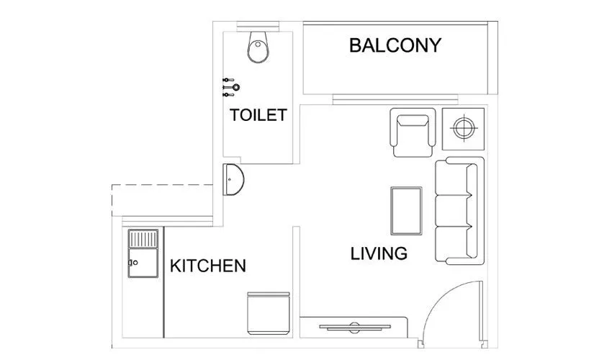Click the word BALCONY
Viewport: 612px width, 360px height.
coord(395,45)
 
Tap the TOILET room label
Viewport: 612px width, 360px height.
coord(258,115)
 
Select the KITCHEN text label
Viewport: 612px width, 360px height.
coord(207,266)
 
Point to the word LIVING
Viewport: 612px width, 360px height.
coord(379,253)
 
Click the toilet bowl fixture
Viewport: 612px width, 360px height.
coord(258,48)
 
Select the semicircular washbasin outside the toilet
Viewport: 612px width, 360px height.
coord(234,179)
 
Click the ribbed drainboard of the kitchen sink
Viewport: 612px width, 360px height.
coord(143,238)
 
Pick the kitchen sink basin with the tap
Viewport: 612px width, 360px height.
coord(142,262)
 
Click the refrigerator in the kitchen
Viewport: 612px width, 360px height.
coord(267,314)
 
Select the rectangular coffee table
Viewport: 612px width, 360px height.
coord(405,210)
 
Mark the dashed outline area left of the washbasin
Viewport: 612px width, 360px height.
coord(162,199)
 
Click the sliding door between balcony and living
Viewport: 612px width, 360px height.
coord(395,99)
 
